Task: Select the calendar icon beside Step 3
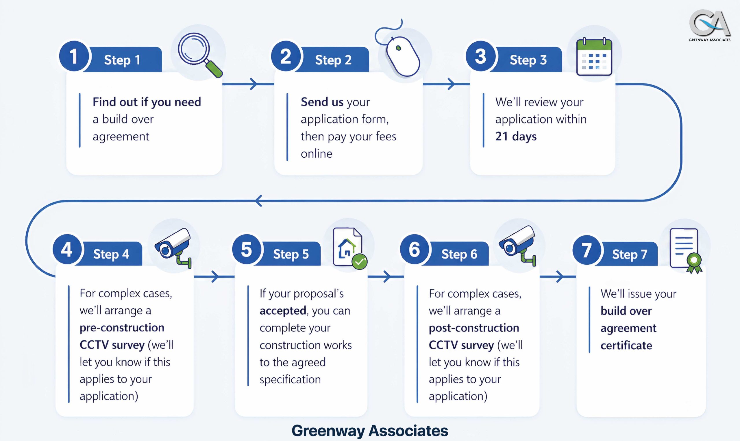tap(594, 57)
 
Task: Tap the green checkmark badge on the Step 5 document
tap(359, 262)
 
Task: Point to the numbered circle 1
tap(74, 56)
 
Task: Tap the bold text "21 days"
tap(516, 136)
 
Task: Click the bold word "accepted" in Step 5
tap(283, 311)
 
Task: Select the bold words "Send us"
tap(322, 102)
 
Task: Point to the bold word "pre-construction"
tap(122, 327)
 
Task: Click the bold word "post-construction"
tap(474, 328)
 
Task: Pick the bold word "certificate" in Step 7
tap(626, 345)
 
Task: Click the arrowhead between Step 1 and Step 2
tap(253, 84)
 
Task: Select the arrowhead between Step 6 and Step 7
tap(559, 277)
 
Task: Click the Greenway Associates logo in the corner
tap(709, 25)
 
